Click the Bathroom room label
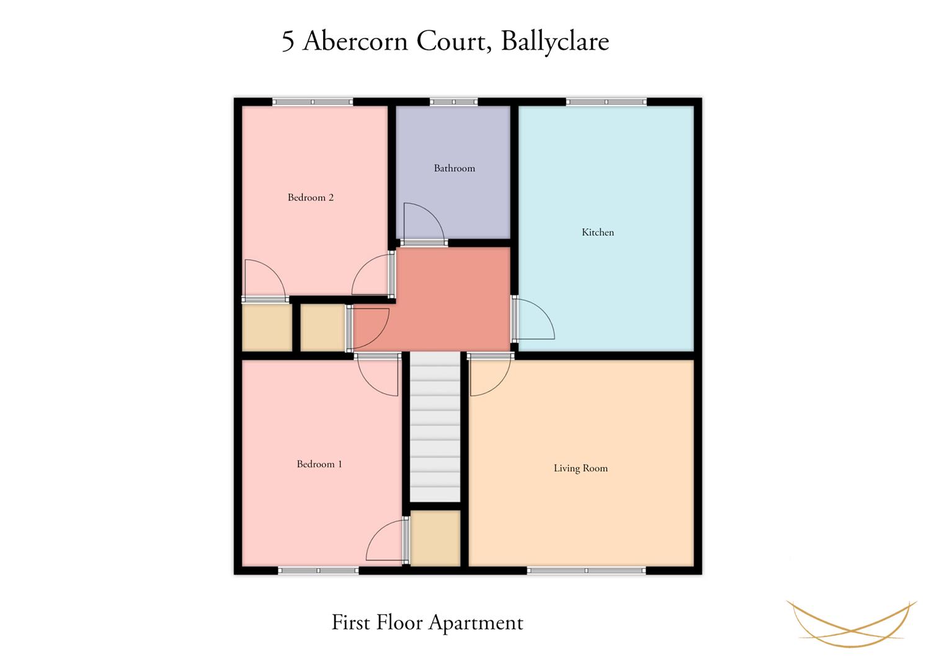coord(455,168)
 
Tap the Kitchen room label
coord(598,232)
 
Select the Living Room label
coord(580,468)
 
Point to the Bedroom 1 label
coord(319,464)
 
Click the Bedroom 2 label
coord(311,197)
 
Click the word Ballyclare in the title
coord(555,42)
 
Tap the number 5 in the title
coord(288,42)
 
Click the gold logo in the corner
coord(851,624)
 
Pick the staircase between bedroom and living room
coord(435,427)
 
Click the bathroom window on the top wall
coord(453,102)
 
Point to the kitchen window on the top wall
coord(607,102)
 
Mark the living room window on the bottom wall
coord(587,571)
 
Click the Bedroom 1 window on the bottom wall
coord(318,571)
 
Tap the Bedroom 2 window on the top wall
coord(313,102)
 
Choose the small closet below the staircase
coord(435,538)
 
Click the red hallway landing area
coord(452,300)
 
